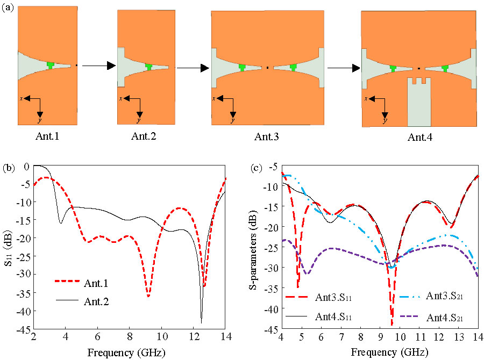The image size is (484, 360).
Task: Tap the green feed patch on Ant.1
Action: (51, 65)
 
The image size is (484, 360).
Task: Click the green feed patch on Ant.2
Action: (149, 66)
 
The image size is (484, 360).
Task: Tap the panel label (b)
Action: (9, 168)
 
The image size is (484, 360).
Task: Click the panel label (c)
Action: (258, 168)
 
